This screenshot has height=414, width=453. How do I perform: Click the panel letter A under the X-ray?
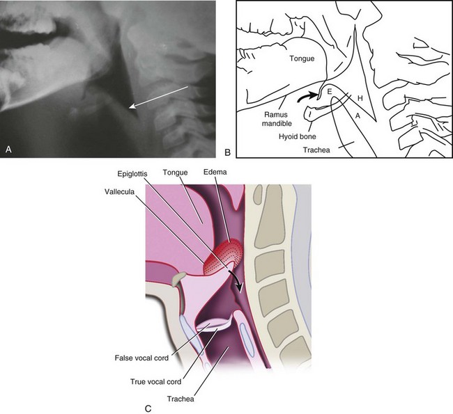(x=8, y=148)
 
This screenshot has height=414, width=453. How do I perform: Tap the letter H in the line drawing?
(x=360, y=99)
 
